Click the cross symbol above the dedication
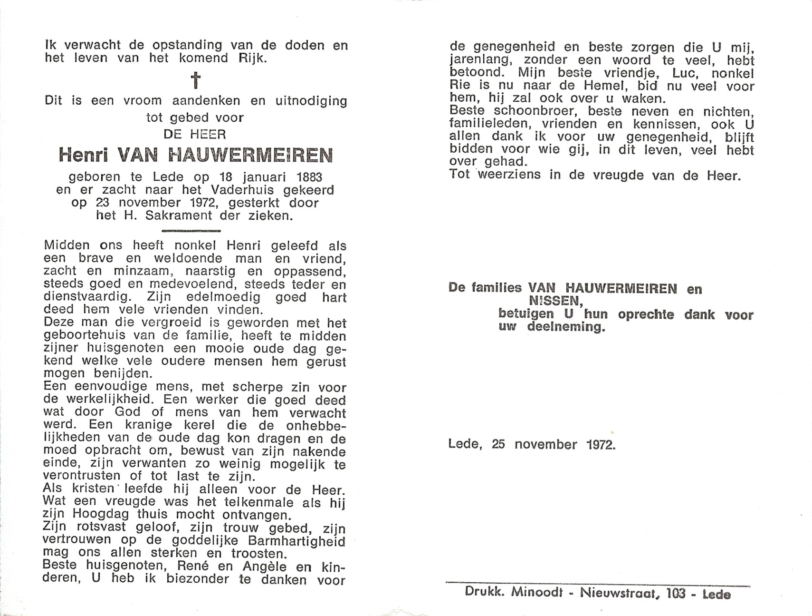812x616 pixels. click(195, 80)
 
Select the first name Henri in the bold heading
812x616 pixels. click(84, 155)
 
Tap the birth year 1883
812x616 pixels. click(309, 177)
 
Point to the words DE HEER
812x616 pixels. click(195, 135)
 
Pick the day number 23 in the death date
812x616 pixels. click(102, 203)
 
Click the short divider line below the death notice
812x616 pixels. click(191, 231)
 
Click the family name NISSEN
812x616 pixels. click(555, 301)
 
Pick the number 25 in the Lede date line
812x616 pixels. click(498, 445)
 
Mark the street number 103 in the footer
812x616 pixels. click(676, 594)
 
